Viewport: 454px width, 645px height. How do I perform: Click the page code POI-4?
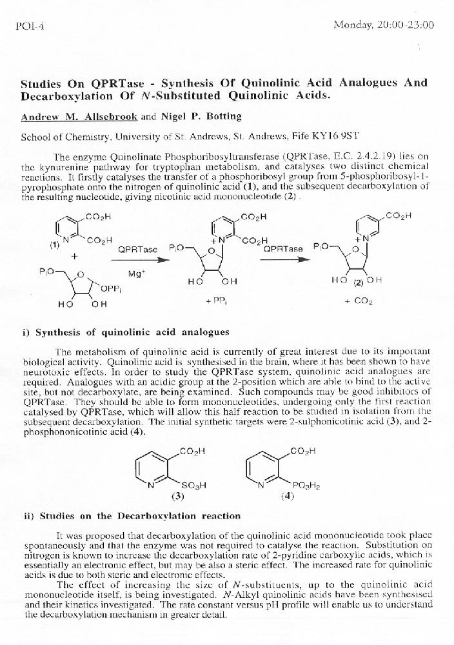coord(25,26)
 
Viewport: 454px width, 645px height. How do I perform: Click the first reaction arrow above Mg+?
coord(137,259)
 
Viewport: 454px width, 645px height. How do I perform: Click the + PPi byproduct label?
coord(215,301)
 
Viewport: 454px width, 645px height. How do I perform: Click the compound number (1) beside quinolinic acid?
coord(54,244)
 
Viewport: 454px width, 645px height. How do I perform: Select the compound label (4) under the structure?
coord(288,497)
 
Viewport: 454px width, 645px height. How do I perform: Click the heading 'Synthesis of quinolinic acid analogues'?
coord(132,333)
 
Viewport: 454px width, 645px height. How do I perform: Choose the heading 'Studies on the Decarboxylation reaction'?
coord(140,516)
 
